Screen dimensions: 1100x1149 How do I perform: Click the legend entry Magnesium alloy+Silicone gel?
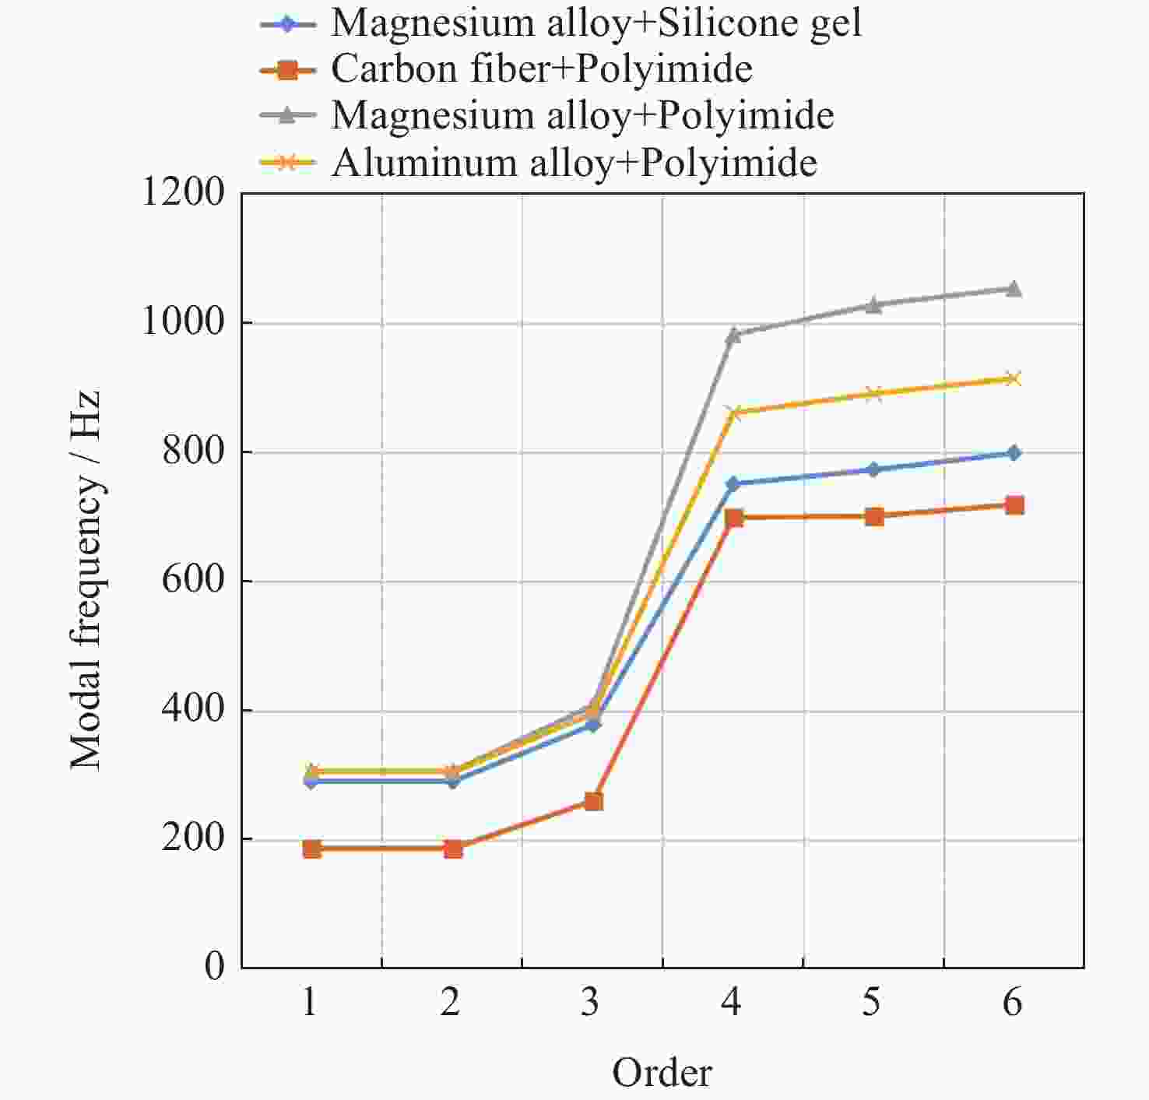pos(596,23)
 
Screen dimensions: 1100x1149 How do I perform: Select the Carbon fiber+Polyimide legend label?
pos(541,69)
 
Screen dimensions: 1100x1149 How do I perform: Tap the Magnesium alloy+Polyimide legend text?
pos(582,116)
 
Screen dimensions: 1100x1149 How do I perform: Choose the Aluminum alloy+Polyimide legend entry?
pos(574,163)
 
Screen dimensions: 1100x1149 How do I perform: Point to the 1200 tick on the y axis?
pos(182,192)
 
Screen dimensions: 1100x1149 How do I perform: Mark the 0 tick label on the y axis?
pos(214,968)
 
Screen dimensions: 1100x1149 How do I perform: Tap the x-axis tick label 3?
pos(591,1003)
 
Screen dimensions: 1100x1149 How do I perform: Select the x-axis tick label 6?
pos(1012,1003)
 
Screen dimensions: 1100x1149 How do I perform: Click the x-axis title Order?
pos(662,1073)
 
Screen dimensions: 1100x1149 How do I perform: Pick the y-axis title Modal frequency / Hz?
pos(85,580)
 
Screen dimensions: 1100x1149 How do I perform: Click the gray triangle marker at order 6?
pos(1014,290)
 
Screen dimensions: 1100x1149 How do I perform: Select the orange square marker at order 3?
pos(593,801)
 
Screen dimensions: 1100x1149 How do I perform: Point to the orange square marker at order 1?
pos(312,849)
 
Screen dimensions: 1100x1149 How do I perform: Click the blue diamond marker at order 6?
pos(1014,453)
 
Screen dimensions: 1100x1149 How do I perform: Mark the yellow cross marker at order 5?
pos(873,394)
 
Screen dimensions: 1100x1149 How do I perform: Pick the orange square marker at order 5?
pos(873,516)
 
